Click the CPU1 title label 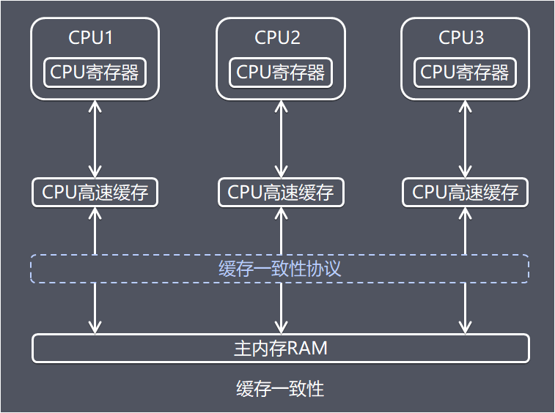pos(91,37)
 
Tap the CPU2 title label pos(277,37)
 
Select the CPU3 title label pos(461,37)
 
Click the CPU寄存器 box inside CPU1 pos(95,72)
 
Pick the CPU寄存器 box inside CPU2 pos(281,72)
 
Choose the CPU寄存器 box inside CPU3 pos(465,72)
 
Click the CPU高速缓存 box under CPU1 pos(95,193)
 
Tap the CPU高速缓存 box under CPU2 pos(281,193)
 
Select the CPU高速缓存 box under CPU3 pos(465,193)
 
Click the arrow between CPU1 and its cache pos(95,138)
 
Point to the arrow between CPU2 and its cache pos(281,138)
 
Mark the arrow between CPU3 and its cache pos(465,138)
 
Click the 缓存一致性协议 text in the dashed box pos(279,269)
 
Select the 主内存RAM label pos(280,349)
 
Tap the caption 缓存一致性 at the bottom pos(279,388)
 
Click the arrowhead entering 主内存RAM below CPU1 pos(95,327)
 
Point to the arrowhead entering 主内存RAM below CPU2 pos(281,327)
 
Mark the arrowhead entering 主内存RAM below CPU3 pos(465,327)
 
